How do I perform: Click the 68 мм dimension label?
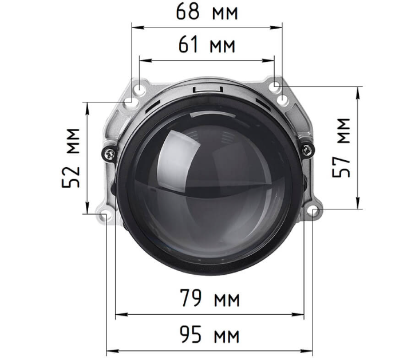207,11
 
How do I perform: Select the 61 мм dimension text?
207,44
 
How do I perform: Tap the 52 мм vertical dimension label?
71,158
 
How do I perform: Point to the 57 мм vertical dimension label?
341,147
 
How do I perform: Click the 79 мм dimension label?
210,298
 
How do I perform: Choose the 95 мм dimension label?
209,334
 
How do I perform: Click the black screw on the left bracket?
110,154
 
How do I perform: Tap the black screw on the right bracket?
307,150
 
